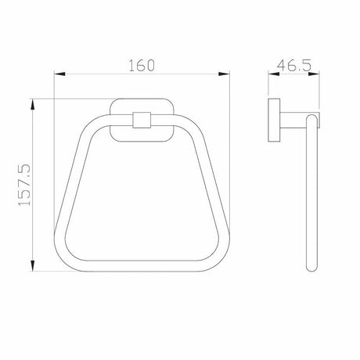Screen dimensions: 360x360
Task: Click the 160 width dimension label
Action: click(x=142, y=65)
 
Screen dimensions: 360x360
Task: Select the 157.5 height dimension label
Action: click(x=24, y=185)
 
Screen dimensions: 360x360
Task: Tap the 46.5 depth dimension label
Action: click(x=294, y=65)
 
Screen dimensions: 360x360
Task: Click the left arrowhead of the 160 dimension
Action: click(x=59, y=74)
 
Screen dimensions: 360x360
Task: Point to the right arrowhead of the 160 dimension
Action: click(x=224, y=74)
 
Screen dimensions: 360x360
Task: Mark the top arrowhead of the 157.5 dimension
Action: click(x=32, y=104)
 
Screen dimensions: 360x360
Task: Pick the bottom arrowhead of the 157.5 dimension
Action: click(x=32, y=266)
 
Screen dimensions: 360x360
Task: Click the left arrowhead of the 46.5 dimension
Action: click(x=274, y=74)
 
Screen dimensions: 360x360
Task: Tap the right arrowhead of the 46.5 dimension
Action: click(x=314, y=74)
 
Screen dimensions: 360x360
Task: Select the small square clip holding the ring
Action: click(x=142, y=120)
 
